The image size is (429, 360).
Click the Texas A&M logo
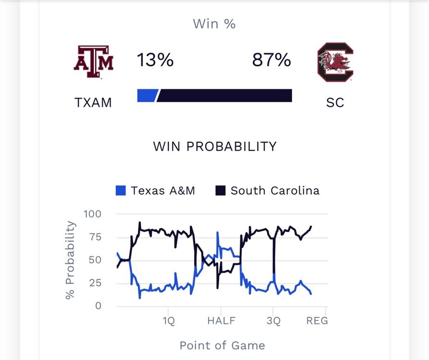[x=93, y=62]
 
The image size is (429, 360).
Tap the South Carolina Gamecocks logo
[x=335, y=62]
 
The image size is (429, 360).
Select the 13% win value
[x=155, y=60]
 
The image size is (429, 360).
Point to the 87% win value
[x=271, y=60]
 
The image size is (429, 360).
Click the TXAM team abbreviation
[x=93, y=103]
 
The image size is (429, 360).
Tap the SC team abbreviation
[x=335, y=103]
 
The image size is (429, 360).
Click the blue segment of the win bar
[x=147, y=96]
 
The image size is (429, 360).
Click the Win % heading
[x=214, y=24]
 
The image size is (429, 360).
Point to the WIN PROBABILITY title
[x=215, y=146]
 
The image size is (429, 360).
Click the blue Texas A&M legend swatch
[x=121, y=191]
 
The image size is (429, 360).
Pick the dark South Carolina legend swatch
[x=221, y=191]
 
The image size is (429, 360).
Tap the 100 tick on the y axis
[x=92, y=214]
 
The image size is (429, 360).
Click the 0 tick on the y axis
[x=98, y=306]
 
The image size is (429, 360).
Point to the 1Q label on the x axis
[x=169, y=321]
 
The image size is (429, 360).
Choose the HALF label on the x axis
[x=221, y=321]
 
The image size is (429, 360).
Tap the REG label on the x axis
[x=317, y=321]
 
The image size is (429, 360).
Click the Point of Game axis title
[x=222, y=345]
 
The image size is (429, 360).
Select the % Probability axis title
[x=71, y=260]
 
